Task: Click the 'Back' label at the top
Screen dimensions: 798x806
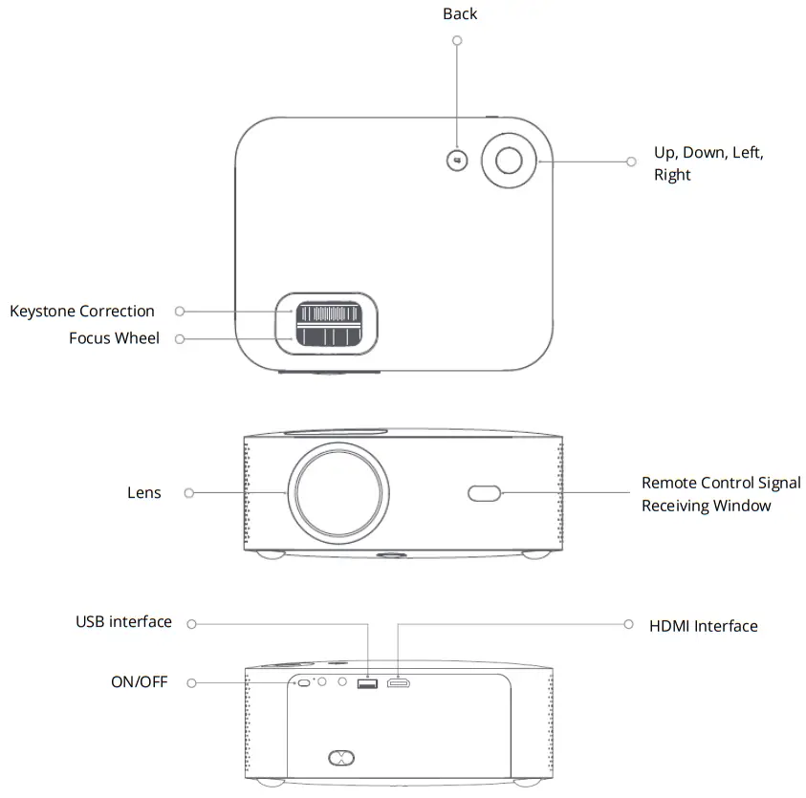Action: pos(460,14)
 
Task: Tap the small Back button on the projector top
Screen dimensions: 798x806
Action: pos(457,160)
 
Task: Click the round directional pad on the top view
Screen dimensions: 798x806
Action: pos(508,160)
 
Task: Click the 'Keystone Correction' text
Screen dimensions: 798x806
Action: pos(82,311)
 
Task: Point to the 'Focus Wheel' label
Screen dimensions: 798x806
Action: pos(114,338)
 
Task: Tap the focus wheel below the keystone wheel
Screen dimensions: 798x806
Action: pos(328,337)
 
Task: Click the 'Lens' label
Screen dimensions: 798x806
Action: pos(144,493)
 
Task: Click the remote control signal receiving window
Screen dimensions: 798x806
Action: pos(484,493)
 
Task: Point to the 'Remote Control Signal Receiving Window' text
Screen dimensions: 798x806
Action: pos(720,494)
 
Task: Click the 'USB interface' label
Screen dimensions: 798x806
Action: pos(124,622)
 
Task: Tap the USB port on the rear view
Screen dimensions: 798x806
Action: pos(366,683)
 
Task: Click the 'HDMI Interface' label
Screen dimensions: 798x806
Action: pos(703,626)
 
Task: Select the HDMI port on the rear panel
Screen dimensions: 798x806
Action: pos(399,683)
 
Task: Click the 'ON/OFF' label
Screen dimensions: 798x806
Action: pos(139,682)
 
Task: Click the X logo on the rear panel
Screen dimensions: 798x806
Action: pos(340,758)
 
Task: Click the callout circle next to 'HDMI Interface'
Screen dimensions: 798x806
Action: pos(628,624)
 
